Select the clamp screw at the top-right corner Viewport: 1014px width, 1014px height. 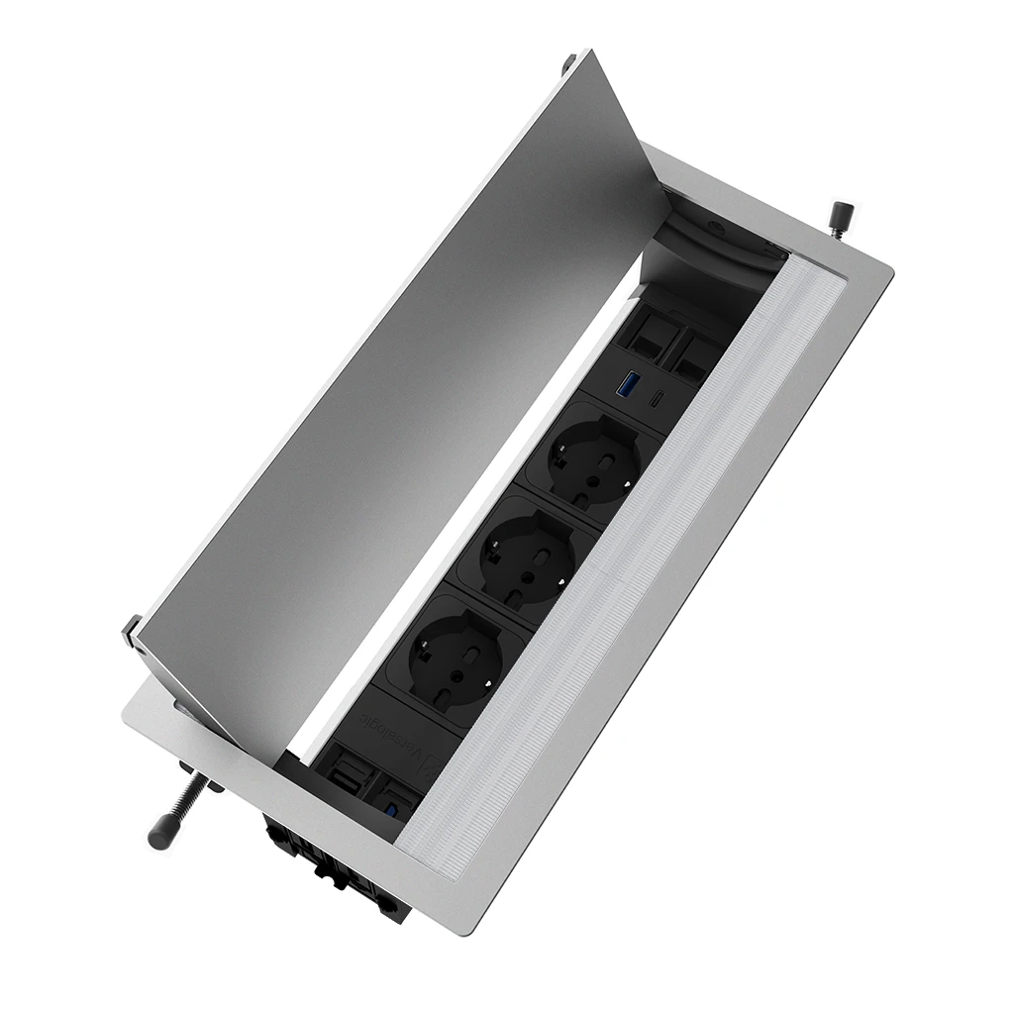tap(841, 214)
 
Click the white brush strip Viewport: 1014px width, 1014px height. tap(634, 564)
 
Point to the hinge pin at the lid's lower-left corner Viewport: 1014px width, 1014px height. tap(132, 630)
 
